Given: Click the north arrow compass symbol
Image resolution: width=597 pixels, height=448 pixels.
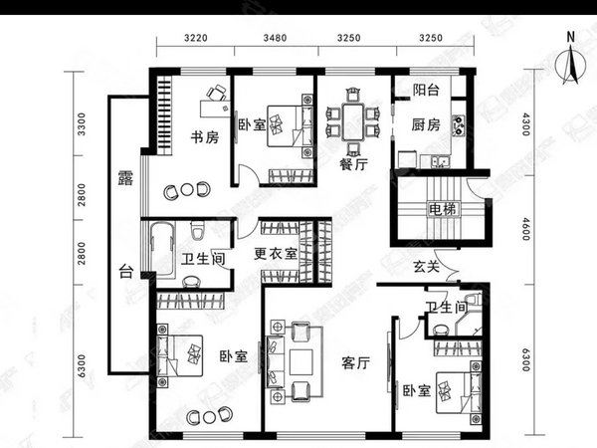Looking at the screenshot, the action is tap(570, 65).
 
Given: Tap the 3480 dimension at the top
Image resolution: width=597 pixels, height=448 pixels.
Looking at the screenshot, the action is tap(275, 38).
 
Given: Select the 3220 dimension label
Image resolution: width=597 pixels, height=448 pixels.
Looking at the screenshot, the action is tap(196, 38).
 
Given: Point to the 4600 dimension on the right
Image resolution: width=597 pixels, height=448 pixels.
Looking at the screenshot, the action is tap(526, 229).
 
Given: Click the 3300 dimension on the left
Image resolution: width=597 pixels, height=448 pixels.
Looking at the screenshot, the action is tap(82, 124).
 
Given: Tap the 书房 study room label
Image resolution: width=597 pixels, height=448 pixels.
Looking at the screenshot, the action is tap(205, 137).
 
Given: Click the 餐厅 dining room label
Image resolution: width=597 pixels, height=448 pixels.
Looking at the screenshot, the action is tap(353, 164).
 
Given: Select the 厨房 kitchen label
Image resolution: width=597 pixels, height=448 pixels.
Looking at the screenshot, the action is tap(426, 125).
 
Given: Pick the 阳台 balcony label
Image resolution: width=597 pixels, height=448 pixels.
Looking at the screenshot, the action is tap(426, 90).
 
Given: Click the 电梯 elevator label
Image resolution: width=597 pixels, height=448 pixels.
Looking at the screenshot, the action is tap(442, 209).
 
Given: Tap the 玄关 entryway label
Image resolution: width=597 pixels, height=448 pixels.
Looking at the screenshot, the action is tap(427, 267).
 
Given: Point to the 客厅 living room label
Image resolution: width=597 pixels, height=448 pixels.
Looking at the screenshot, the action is tap(355, 363).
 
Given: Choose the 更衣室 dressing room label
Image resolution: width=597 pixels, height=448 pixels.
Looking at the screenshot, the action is tap(276, 253).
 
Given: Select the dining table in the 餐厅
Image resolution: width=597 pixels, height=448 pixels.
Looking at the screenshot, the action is tap(353, 122).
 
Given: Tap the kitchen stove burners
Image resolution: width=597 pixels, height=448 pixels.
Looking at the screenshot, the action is tap(458, 125).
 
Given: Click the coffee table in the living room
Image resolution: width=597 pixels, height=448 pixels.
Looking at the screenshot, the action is tap(300, 362).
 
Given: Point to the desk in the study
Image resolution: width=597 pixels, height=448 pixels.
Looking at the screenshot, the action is tap(215, 109).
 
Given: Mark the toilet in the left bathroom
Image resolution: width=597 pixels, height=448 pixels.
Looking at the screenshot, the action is tap(197, 230).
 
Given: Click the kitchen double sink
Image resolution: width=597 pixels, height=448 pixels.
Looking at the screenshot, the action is tap(440, 162).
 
